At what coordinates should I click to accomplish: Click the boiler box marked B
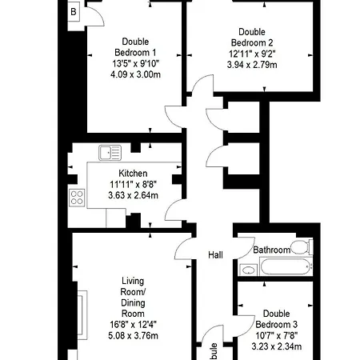(x=74, y=12)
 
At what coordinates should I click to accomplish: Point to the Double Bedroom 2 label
(x=250, y=37)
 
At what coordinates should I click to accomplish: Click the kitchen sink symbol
(x=110, y=152)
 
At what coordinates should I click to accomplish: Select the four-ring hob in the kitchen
(x=78, y=198)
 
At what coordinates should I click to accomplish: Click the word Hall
(x=216, y=254)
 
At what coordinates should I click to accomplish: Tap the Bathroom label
(x=271, y=250)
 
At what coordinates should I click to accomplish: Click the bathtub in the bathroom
(x=284, y=267)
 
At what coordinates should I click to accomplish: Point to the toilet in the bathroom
(x=302, y=247)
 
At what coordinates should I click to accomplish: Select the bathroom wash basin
(x=247, y=270)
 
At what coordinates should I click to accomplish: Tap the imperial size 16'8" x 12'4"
(x=133, y=325)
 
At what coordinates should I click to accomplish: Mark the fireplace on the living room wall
(x=81, y=314)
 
